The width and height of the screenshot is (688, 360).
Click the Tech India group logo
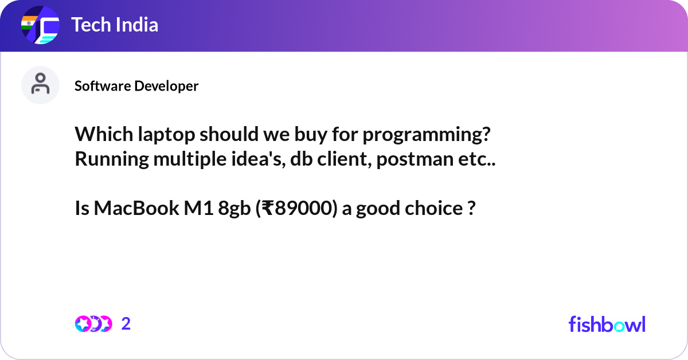coord(40,25)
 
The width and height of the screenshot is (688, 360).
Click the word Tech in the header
coord(91,25)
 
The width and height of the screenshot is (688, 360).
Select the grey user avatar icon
coord(40,85)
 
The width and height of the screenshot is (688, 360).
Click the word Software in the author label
coord(103,86)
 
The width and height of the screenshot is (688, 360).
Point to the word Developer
coord(166,87)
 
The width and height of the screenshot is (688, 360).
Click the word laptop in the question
coord(166,135)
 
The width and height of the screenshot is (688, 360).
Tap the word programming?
coord(427,135)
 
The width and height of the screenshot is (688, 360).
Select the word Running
coord(112,159)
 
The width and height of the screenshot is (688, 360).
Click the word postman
coord(415,159)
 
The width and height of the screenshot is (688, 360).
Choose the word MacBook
coord(136,208)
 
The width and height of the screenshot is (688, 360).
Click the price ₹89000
coord(297,208)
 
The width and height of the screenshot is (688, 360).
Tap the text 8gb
coord(234,209)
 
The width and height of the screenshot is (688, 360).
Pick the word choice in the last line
coord(433,208)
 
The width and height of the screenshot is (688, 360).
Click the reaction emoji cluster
coord(93,324)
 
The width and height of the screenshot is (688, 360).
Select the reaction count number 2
coord(126,324)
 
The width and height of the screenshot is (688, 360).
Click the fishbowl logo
coord(607,324)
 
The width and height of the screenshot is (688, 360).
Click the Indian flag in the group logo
coord(29,23)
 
